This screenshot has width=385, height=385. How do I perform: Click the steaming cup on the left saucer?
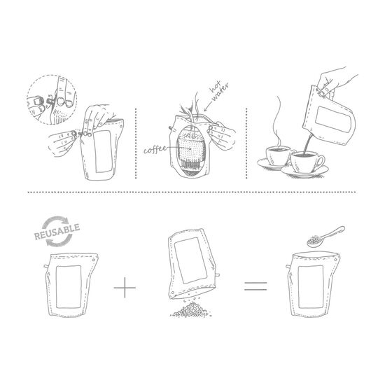click(x=276, y=156)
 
